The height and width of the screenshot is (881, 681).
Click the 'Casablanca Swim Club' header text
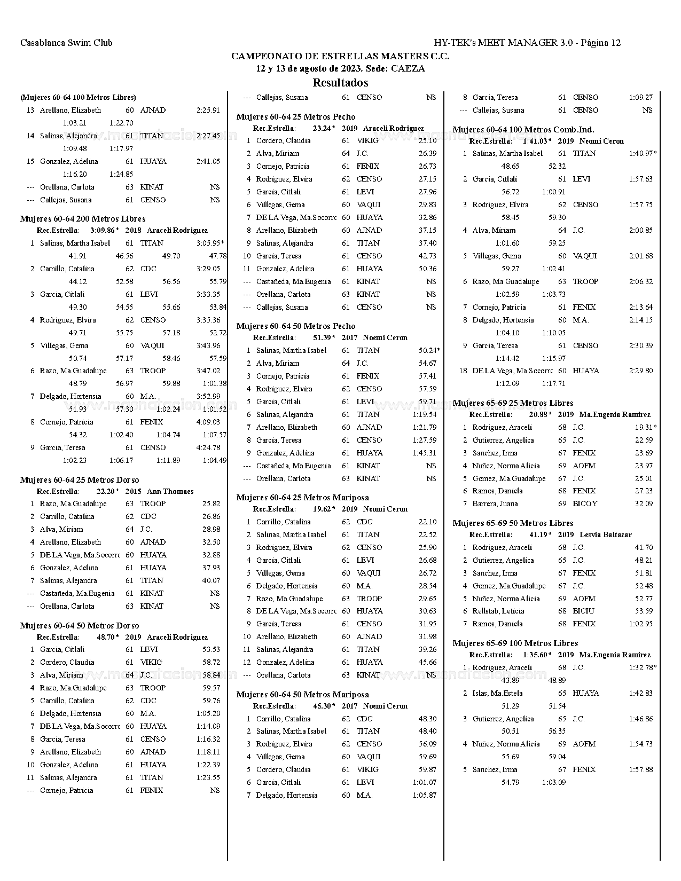[x=66, y=43]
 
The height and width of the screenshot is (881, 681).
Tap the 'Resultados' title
[x=340, y=83]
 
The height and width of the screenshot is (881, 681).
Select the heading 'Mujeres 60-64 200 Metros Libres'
[x=83, y=219]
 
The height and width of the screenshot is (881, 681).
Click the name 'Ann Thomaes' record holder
[x=170, y=491]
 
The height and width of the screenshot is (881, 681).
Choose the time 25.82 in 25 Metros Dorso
[x=211, y=504]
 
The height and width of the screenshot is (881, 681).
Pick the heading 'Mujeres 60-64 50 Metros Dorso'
[x=80, y=626]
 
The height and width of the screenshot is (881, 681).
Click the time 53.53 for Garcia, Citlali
[x=211, y=649]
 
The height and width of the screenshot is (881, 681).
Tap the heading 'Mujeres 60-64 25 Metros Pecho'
[x=295, y=117]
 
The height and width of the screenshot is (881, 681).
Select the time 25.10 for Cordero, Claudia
[x=427, y=140]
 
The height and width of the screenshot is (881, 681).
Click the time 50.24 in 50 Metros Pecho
[x=428, y=350]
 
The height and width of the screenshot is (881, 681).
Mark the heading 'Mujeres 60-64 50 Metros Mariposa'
[x=302, y=695]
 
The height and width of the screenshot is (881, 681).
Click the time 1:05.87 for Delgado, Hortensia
[x=425, y=795]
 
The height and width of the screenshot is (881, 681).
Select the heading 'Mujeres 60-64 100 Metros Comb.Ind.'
[x=523, y=130]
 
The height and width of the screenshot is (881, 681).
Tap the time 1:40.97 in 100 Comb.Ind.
[x=641, y=153]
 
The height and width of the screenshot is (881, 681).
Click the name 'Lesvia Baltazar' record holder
[x=605, y=534]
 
